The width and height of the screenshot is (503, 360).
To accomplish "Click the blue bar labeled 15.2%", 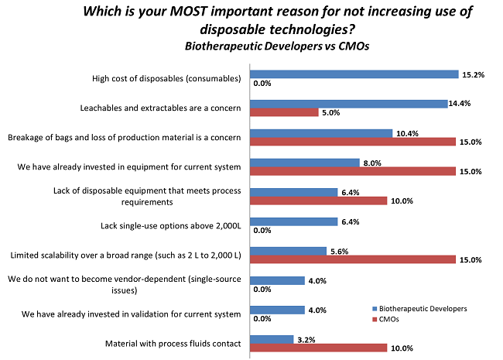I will pyautogui.click(x=354, y=74).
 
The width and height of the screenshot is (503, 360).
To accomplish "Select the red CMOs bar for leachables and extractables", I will pyautogui.click(x=283, y=112).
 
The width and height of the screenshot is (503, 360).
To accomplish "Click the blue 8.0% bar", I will pyautogui.click(x=304, y=163).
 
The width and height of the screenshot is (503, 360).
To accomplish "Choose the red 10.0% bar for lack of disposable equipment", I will pyautogui.click(x=318, y=201).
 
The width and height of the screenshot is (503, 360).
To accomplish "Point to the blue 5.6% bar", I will pyautogui.click(x=287, y=251).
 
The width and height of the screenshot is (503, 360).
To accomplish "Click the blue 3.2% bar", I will pyautogui.click(x=270, y=339).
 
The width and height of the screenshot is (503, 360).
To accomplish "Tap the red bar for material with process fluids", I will pyautogui.click(x=318, y=348).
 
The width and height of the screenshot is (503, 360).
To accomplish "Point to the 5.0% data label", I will pyautogui.click(x=330, y=113).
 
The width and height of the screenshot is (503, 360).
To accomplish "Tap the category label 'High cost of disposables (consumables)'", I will pyautogui.click(x=165, y=78).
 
